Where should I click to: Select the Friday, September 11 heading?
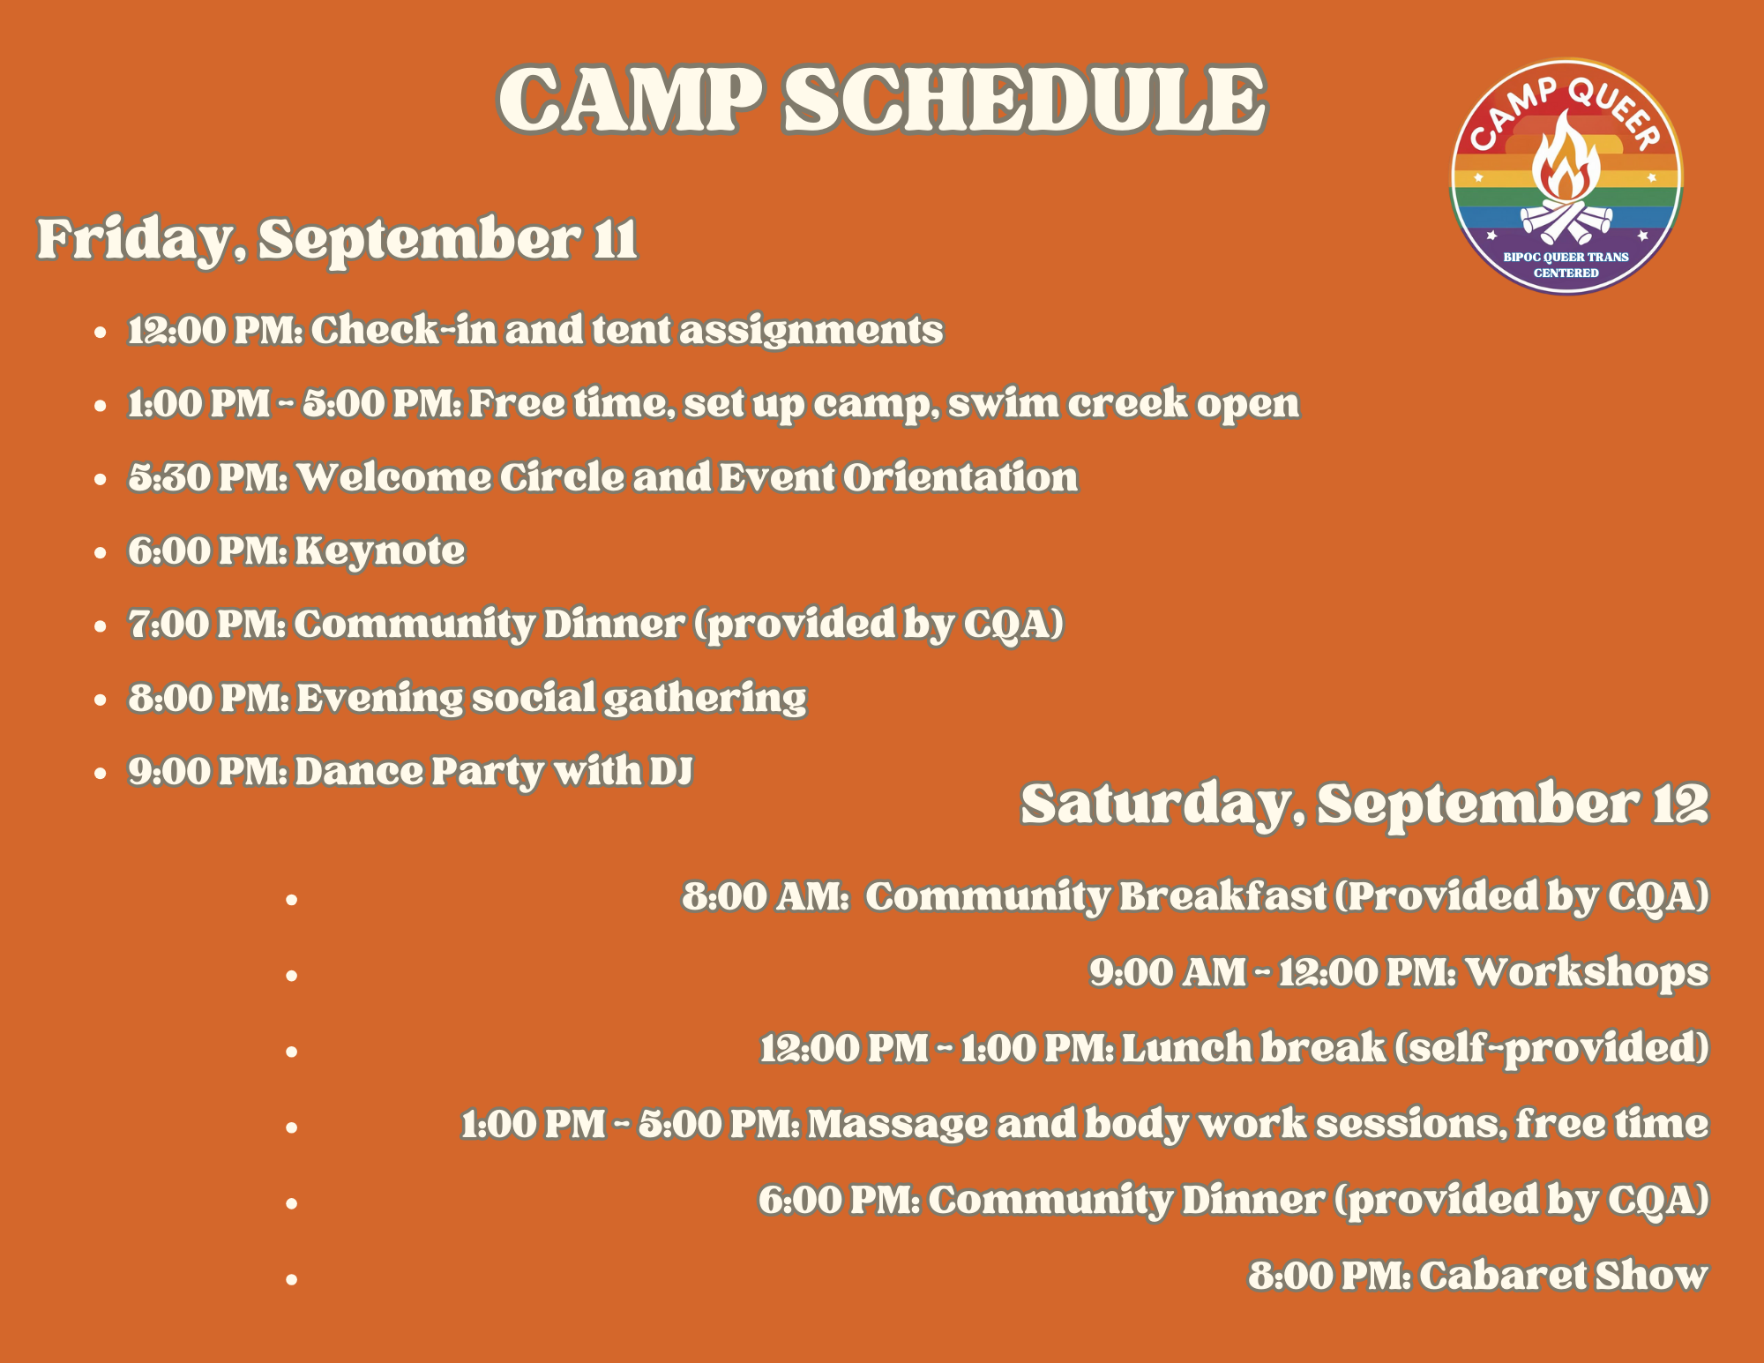[x=337, y=239]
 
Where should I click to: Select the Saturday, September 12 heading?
[x=1364, y=804]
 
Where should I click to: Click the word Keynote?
[x=379, y=550]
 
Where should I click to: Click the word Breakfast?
[x=1222, y=896]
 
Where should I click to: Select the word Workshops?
[x=1587, y=972]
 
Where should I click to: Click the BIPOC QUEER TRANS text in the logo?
[x=1566, y=257]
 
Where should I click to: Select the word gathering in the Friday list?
[x=705, y=699]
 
